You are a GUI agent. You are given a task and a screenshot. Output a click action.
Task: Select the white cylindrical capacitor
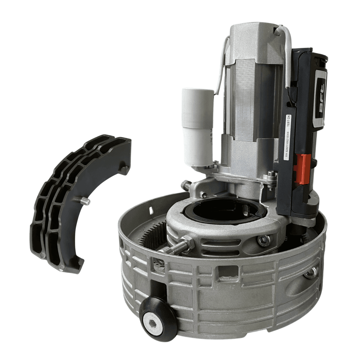pyautogui.click(x=197, y=127)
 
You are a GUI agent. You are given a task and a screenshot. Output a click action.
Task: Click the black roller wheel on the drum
pyautogui.click(x=158, y=318)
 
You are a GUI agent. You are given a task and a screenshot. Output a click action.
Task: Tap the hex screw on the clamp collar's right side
pyautogui.click(x=264, y=240)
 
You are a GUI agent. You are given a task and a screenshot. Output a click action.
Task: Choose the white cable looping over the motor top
pyautogui.click(x=287, y=46)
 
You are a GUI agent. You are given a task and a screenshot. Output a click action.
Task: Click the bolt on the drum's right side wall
pyautogui.click(x=311, y=272)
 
